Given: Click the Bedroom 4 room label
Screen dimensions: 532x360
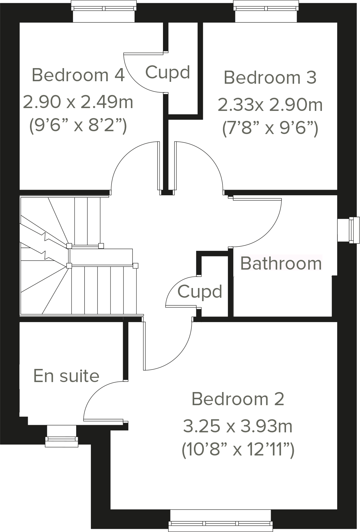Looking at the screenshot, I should (x=78, y=75).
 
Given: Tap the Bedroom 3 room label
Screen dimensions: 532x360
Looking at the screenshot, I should (x=270, y=77).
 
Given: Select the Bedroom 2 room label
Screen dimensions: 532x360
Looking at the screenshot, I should (x=238, y=399).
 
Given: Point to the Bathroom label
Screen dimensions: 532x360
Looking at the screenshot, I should (x=281, y=263).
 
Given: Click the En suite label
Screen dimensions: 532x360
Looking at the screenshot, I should (x=67, y=376).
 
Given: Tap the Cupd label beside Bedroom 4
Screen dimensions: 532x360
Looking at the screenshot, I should (x=168, y=72).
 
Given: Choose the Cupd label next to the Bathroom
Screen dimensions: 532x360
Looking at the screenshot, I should (x=200, y=292).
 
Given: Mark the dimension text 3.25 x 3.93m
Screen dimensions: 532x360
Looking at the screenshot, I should (x=238, y=426).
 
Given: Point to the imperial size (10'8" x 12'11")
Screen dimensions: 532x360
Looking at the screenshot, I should (x=238, y=450).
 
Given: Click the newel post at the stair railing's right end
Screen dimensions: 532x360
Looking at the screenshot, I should (x=135, y=266).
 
